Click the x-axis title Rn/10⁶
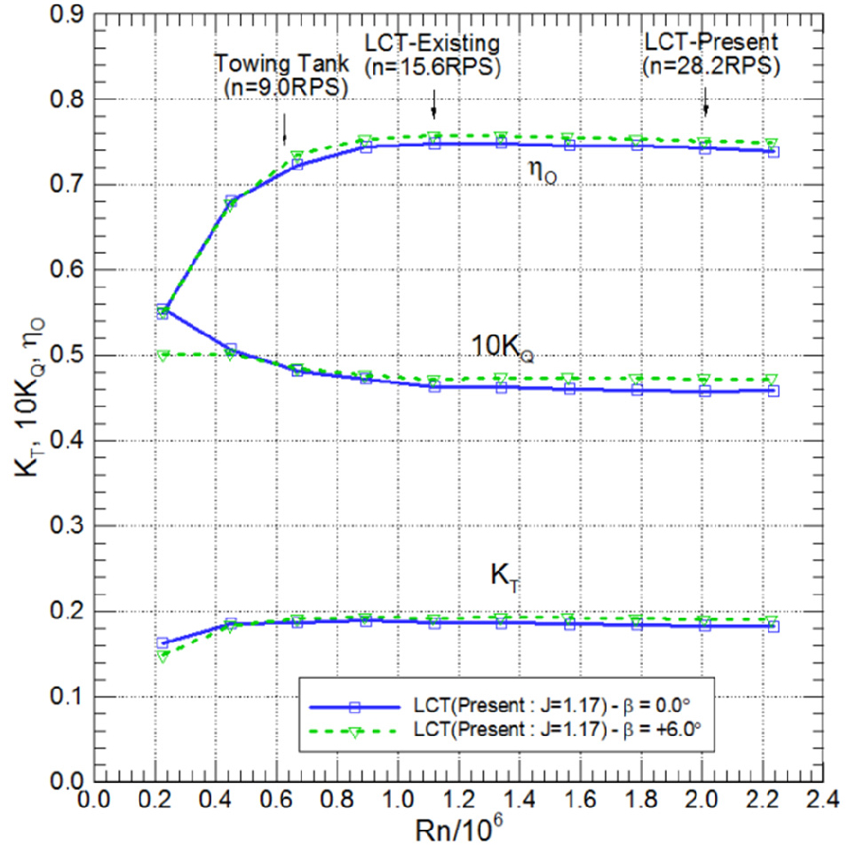coord(459,829)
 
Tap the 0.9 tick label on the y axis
coord(67,14)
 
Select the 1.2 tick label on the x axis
coord(458,800)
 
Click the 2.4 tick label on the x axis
coord(822,800)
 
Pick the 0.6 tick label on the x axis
coord(276,800)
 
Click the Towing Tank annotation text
coord(282,64)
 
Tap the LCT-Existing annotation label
coord(432,43)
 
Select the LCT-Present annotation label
coord(711,42)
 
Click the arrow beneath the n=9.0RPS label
coord(284,130)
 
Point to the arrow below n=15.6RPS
coord(433,105)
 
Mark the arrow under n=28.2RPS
coord(706,102)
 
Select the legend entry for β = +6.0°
coord(504,730)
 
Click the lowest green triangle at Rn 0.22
coord(163,657)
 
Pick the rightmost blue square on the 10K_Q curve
coord(774,391)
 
